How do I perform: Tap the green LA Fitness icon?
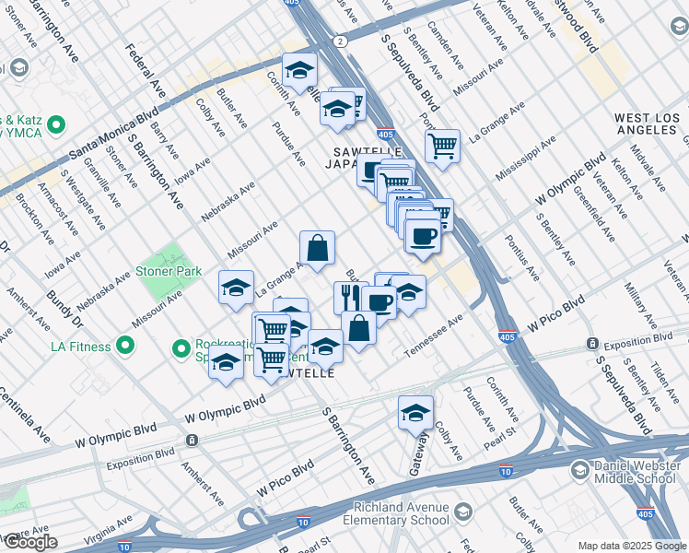[x=125, y=347]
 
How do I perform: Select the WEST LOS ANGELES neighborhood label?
[x=645, y=124]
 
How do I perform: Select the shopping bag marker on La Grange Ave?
[x=317, y=248]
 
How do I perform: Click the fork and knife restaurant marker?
[x=350, y=297]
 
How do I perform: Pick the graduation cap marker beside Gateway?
[x=415, y=413]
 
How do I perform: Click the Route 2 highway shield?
[x=340, y=41]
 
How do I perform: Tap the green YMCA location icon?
[x=56, y=124]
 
